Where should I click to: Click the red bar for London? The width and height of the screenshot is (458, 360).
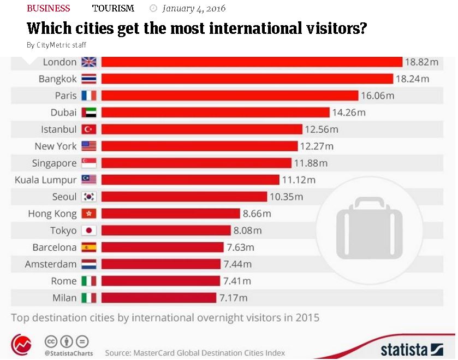pyautogui.click(x=251, y=62)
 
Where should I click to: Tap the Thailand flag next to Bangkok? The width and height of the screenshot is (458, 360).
pyautogui.click(x=88, y=79)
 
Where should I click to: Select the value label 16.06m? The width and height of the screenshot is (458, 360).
pyautogui.click(x=377, y=96)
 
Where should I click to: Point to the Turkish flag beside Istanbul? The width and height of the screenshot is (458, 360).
pyautogui.click(x=88, y=129)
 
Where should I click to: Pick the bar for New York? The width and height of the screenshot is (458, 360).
pyautogui.click(x=199, y=146)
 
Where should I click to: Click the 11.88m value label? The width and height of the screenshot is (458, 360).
pyautogui.click(x=311, y=163)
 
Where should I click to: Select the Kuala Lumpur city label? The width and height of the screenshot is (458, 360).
pyautogui.click(x=46, y=180)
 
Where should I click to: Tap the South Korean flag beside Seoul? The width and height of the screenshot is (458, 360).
pyautogui.click(x=88, y=197)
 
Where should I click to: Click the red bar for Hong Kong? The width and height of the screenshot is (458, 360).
pyautogui.click(x=170, y=214)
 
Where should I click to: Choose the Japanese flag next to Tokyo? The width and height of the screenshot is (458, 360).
pyautogui.click(x=88, y=231)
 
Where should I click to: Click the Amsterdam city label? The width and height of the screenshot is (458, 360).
pyautogui.click(x=51, y=264)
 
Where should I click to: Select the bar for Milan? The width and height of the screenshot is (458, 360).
pyautogui.click(x=158, y=298)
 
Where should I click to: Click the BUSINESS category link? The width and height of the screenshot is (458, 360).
pyautogui.click(x=48, y=8)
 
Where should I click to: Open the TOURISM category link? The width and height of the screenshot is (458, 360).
pyautogui.click(x=113, y=8)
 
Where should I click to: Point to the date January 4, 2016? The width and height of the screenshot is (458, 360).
pyautogui.click(x=193, y=8)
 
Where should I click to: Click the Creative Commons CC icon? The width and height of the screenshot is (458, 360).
pyautogui.click(x=51, y=341)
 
